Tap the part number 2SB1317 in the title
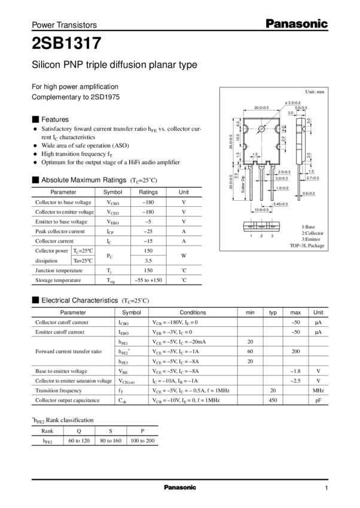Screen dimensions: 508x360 pyautogui.click(x=66, y=44)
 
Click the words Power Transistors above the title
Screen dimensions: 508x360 pyautogui.click(x=63, y=26)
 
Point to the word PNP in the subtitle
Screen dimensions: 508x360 pyautogui.click(x=67, y=66)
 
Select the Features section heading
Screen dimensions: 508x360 pyautogui.click(x=55, y=119)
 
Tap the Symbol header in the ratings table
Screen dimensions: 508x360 pyautogui.click(x=112, y=192)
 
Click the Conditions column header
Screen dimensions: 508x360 pyautogui.click(x=193, y=312)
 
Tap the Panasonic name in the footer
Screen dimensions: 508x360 pyautogui.click(x=179, y=488)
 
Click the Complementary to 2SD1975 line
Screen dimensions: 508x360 pyautogui.click(x=75, y=96)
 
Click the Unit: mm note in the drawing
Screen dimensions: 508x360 pyautogui.click(x=315, y=92)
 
